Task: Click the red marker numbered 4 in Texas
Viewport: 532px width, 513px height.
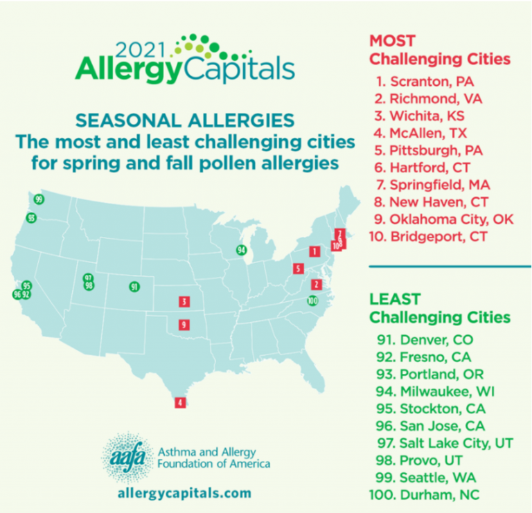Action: click(x=179, y=402)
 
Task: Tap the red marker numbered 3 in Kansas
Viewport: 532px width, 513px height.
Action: click(x=184, y=301)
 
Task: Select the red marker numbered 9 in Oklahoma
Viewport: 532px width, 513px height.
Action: click(x=184, y=324)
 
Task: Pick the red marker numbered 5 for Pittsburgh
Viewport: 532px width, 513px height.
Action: click(x=298, y=269)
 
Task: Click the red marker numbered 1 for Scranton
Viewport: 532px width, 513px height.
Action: click(x=314, y=251)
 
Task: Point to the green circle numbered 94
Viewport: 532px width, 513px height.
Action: click(x=241, y=250)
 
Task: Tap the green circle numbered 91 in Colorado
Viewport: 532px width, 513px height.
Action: click(x=134, y=287)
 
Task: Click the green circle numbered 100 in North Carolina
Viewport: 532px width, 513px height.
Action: click(x=312, y=300)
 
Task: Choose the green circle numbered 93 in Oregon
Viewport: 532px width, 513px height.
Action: click(x=30, y=218)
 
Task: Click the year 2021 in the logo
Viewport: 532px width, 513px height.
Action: click(x=143, y=50)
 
